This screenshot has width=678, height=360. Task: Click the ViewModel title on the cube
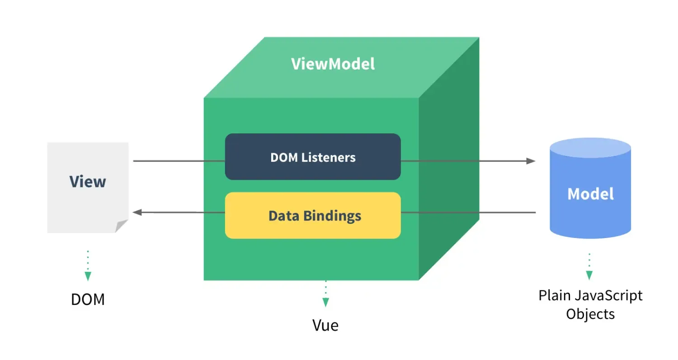333,64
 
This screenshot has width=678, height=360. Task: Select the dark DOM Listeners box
313,157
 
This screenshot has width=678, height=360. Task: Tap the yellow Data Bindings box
313,215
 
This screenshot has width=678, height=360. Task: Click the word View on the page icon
88,182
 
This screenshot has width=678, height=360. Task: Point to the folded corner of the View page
122,226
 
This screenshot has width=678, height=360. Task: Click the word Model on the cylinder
590,194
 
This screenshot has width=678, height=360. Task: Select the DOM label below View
88,299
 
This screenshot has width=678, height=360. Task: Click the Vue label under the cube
325,325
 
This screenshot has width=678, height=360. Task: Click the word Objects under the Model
590,314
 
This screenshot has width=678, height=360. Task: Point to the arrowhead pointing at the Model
531,161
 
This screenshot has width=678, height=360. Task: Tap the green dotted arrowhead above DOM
88,276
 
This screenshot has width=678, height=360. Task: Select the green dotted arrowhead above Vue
325,302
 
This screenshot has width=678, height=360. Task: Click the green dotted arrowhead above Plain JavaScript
589,275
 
